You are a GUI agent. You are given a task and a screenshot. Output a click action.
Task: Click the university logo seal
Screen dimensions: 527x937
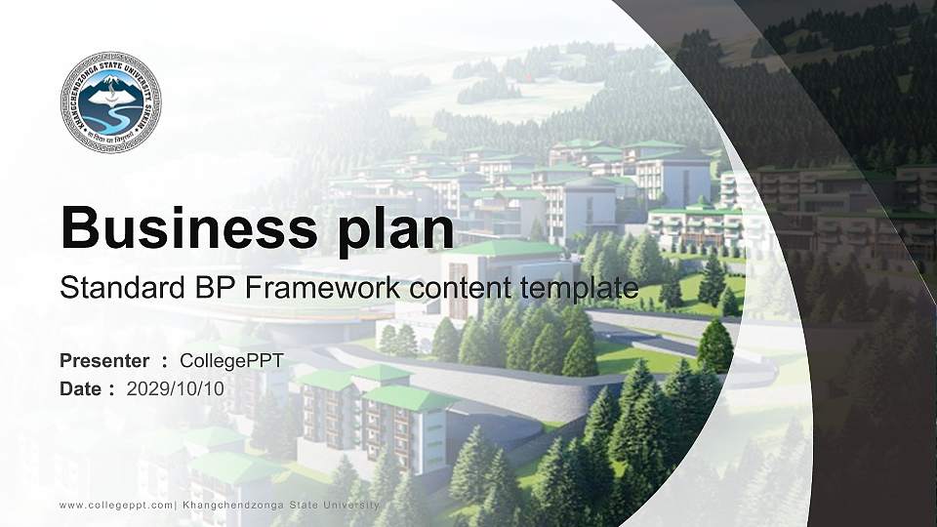(110, 102)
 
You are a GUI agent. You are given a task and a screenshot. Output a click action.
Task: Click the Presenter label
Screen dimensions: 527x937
(104, 361)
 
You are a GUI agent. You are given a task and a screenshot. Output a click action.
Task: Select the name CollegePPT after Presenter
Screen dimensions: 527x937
(232, 361)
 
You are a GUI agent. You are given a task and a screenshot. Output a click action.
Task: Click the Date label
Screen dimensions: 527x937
(81, 388)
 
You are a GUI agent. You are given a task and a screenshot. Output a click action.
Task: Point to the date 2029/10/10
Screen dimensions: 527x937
(176, 388)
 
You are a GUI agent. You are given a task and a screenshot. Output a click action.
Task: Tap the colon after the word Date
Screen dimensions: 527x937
(111, 389)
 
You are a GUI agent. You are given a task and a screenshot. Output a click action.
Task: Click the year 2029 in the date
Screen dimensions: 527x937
(145, 388)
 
